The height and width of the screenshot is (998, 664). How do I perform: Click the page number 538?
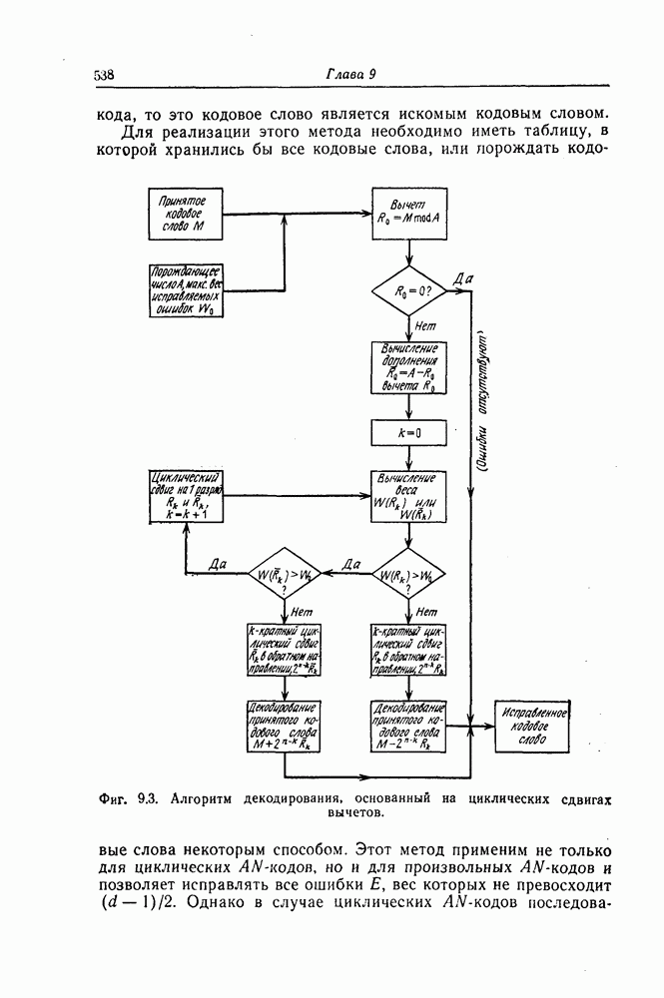coord(104,76)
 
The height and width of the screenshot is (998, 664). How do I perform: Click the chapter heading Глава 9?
coord(348,76)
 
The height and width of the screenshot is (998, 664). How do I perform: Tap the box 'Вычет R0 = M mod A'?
coord(408,214)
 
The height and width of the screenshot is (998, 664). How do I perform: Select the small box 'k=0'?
coord(408,432)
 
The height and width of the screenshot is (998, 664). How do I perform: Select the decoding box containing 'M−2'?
coord(408,726)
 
